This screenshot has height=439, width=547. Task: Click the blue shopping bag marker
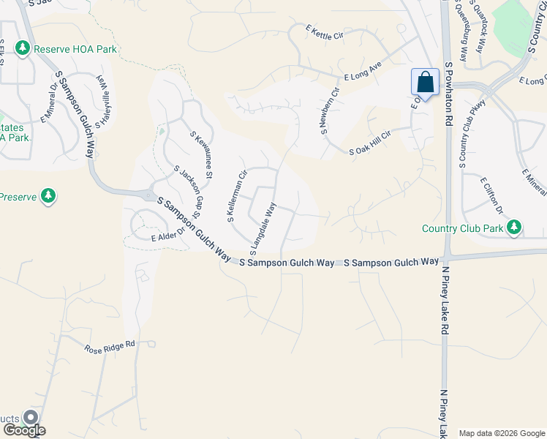click(x=425, y=84)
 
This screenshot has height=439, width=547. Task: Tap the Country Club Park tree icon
click(x=514, y=228)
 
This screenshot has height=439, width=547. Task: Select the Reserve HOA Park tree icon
click(x=23, y=49)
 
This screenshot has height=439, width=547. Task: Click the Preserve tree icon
click(x=48, y=196)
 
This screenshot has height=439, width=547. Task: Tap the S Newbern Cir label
click(x=327, y=111)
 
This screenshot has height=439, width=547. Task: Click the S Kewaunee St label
click(x=201, y=155)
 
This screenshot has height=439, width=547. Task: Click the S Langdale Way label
click(x=263, y=225)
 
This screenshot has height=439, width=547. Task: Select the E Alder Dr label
click(x=165, y=238)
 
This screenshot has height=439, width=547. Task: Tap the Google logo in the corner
click(x=23, y=429)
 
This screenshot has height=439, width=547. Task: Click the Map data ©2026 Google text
click(x=501, y=433)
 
